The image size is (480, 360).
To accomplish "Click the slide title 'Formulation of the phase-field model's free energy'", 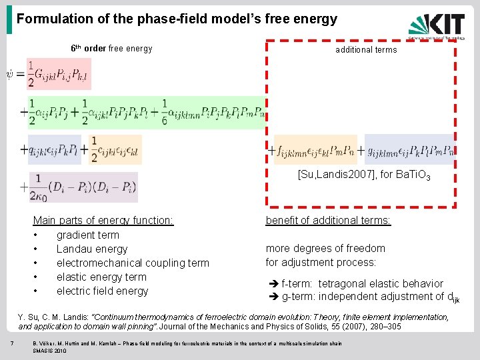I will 177,19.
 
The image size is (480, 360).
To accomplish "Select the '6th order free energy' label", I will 111,48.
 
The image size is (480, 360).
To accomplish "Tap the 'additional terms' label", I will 366,49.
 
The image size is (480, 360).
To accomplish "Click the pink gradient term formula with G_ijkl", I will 59,74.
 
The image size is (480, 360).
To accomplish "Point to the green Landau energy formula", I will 147,111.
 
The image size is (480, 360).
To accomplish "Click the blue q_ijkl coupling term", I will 55,149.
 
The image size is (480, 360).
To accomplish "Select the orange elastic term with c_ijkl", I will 115,149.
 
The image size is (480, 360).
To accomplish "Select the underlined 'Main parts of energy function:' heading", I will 103,221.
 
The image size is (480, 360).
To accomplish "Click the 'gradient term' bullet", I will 87,235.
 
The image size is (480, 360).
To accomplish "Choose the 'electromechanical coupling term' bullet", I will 133,263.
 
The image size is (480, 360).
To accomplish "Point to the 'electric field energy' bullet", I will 102,291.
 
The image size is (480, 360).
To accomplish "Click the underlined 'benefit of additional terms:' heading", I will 328,221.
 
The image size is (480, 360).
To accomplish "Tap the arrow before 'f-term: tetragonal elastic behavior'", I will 272,284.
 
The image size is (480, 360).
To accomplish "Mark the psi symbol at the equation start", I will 10,73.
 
